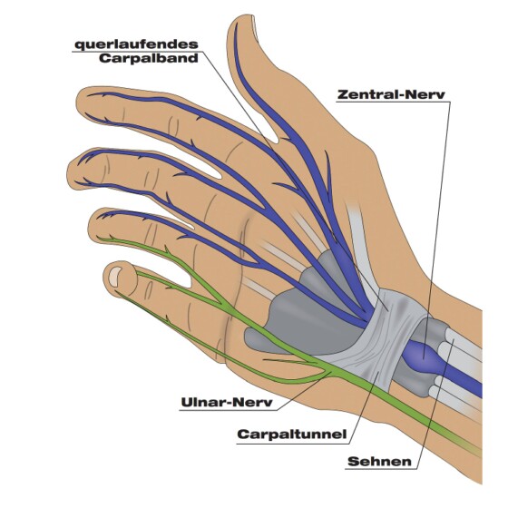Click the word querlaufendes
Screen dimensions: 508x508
coord(136,44)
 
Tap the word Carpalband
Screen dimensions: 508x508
coord(149,59)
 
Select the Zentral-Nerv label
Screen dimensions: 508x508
coord(391,94)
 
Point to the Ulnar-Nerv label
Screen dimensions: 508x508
coord(227,403)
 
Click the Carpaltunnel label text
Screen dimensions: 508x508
coord(292,435)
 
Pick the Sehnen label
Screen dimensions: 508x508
coord(379,462)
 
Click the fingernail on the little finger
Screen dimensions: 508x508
coord(114,276)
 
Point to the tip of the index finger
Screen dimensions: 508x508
coord(81,101)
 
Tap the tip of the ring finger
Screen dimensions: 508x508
coord(93,223)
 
